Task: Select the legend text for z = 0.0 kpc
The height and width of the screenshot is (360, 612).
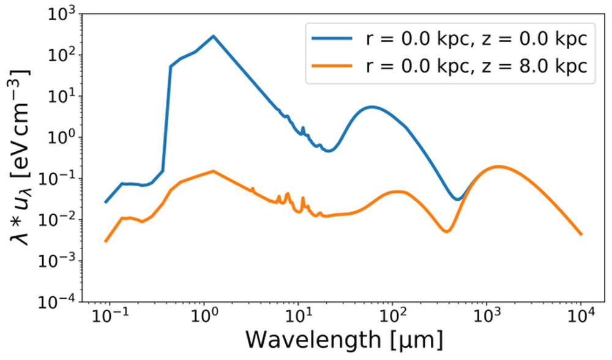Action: tap(471, 39)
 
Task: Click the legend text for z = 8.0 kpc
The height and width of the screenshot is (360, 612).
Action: tap(471, 67)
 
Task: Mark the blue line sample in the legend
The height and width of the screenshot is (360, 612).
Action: tap(334, 39)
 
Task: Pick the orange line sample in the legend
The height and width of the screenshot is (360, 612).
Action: tap(334, 67)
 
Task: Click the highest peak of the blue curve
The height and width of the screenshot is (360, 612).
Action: tap(214, 36)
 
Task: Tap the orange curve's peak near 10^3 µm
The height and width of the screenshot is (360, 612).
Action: tap(499, 166)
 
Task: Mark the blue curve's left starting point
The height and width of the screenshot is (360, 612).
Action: tap(106, 201)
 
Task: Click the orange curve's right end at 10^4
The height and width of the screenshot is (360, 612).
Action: tap(581, 234)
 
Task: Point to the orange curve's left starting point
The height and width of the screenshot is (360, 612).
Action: tap(106, 241)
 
